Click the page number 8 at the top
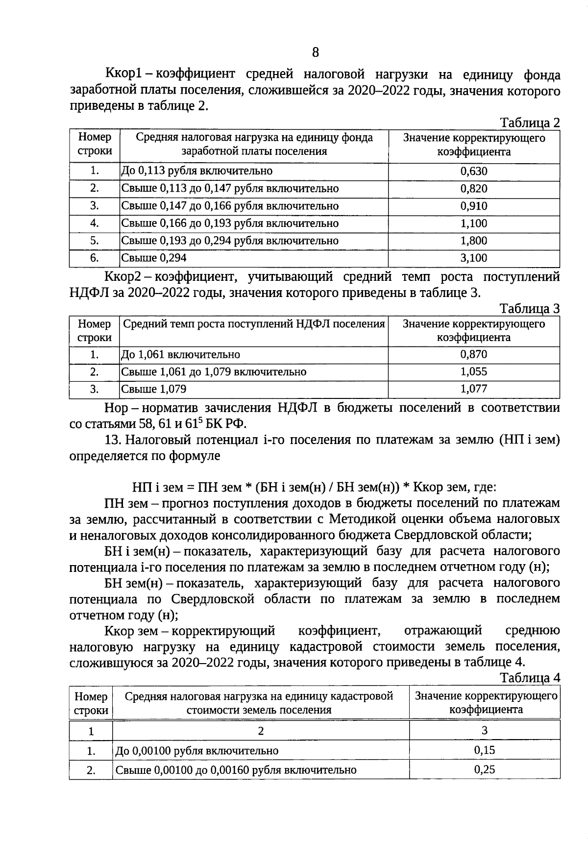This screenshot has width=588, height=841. pos(315,52)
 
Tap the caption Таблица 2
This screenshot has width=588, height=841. pos(529,123)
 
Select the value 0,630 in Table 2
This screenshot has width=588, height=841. pos(474,172)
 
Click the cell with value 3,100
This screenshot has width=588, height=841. pos(474,258)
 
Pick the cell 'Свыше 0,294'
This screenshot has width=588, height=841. pos(154,258)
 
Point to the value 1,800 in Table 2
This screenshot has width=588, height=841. pos(474,241)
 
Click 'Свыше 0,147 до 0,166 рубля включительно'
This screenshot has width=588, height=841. pos(230,206)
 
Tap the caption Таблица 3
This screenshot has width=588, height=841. pos(529,309)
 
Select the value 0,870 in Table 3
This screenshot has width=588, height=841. pos(474,355)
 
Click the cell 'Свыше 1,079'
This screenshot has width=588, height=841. pos(154,390)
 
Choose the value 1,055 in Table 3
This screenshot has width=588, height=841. pos(474,372)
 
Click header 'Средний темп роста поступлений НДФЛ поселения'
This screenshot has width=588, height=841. pos(254,324)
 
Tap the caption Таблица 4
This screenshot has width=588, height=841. pos(530,678)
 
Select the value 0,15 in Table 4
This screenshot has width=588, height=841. pos(485,750)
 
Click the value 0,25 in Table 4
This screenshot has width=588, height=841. pos(485,770)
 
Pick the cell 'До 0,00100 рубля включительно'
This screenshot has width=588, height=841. pos(197,751)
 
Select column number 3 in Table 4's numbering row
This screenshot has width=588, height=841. pos(484,731)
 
